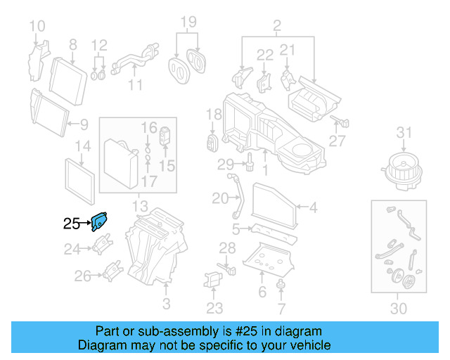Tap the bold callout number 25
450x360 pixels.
click(x=72, y=224)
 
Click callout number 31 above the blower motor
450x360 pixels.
click(x=403, y=132)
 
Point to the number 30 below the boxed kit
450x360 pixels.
click(x=398, y=308)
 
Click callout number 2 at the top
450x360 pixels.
click(x=276, y=27)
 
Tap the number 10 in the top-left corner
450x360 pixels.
click(x=37, y=27)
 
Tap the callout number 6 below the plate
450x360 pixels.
click(x=262, y=292)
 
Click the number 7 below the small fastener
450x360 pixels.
click(x=281, y=309)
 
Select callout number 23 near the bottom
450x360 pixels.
click(x=214, y=307)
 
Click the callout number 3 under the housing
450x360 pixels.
click(x=166, y=304)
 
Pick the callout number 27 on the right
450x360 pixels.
click(x=337, y=141)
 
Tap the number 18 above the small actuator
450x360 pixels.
click(x=214, y=114)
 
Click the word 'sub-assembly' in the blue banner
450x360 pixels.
click(x=195, y=331)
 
